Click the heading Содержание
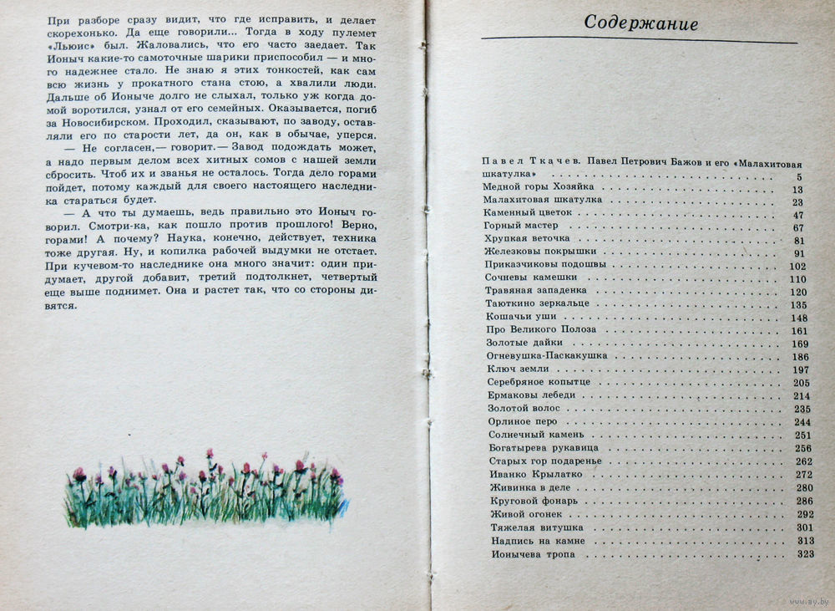point(640,23)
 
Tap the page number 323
point(805,553)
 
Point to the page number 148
point(799,318)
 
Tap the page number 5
point(799,177)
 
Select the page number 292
point(805,514)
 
